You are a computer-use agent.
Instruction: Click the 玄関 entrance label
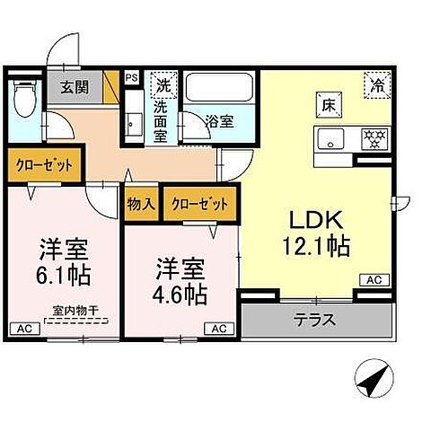pyautogui.click(x=74, y=87)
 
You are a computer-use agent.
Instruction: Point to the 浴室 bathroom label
pyautogui.click(x=221, y=119)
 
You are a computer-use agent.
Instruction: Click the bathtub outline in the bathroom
pyautogui.click(x=219, y=88)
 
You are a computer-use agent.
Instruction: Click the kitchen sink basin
pyautogui.click(x=328, y=139)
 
